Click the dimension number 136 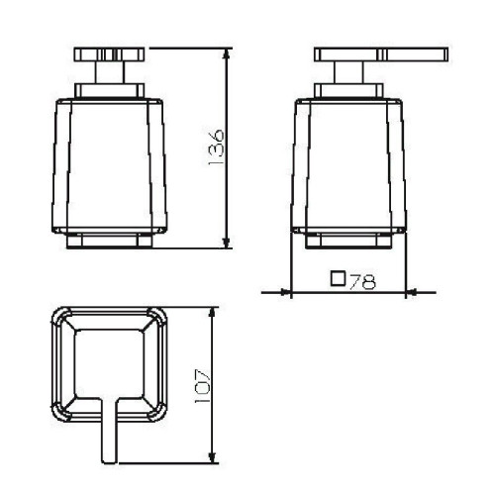pyautogui.click(x=218, y=148)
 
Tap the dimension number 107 pyautogui.click(x=202, y=385)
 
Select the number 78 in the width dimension pyautogui.click(x=362, y=281)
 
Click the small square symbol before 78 pyautogui.click(x=338, y=280)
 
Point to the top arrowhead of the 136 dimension pyautogui.click(x=228, y=50)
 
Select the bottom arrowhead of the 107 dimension pyautogui.click(x=213, y=459)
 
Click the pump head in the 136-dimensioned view pyautogui.click(x=109, y=53)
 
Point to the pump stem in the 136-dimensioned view pyautogui.click(x=109, y=75)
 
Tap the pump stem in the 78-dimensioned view pyautogui.click(x=350, y=75)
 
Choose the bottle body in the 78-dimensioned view pyautogui.click(x=350, y=163)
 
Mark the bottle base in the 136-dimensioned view pyautogui.click(x=109, y=241)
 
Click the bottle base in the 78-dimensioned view pyautogui.click(x=350, y=241)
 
